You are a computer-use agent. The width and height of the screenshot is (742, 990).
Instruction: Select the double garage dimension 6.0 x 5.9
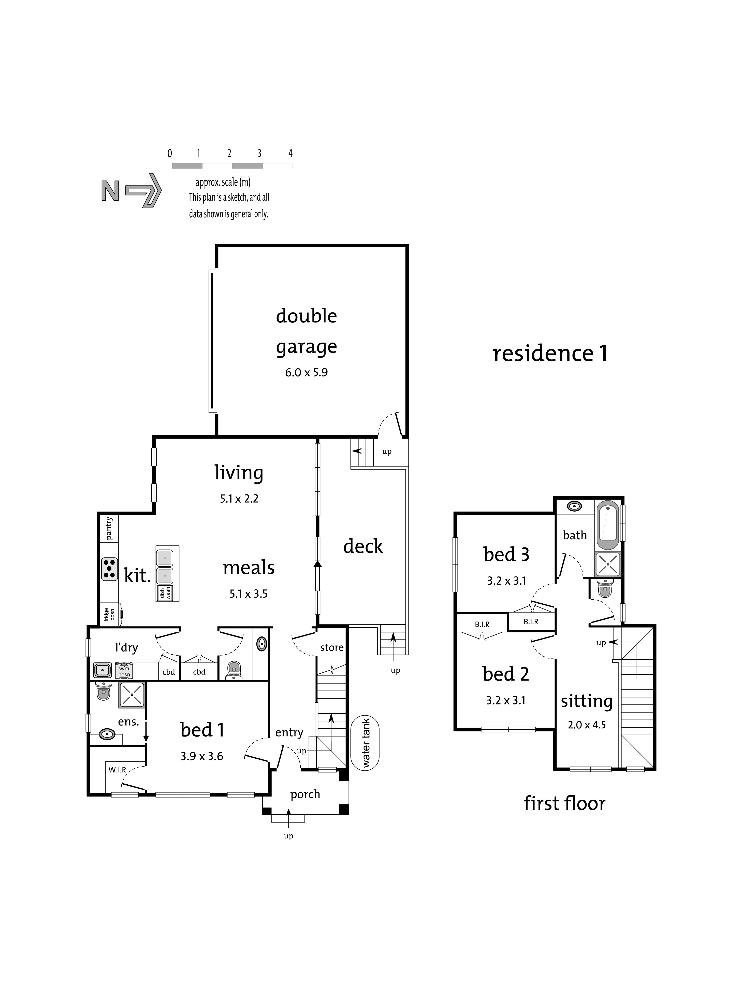[306, 372]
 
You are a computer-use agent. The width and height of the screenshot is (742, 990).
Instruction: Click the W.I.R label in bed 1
[117, 770]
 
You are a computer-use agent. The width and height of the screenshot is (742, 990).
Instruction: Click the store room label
[331, 647]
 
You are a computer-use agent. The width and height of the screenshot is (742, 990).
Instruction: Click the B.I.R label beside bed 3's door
[531, 622]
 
